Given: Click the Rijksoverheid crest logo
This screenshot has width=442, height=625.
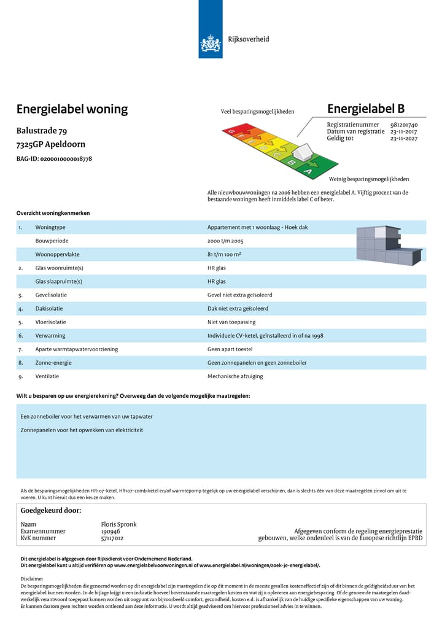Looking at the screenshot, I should [210, 44].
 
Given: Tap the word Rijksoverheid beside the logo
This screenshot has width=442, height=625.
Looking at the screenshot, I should [249, 39].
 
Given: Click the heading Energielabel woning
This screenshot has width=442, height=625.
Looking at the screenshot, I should [72, 109].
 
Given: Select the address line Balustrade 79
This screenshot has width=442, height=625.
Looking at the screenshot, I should [42, 131].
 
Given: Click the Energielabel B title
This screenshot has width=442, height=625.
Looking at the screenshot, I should [366, 109].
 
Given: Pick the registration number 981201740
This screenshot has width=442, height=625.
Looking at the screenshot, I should [403, 125].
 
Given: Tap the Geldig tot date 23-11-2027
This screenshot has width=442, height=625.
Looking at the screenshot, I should [403, 138].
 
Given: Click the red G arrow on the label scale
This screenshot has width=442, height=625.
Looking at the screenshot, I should [231, 131].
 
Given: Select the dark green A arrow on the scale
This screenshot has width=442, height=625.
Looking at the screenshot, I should [309, 172].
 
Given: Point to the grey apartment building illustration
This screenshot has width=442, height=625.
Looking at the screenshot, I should [389, 244].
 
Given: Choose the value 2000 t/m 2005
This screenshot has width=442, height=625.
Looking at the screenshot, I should [225, 241].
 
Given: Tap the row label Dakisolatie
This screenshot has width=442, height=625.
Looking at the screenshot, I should [49, 308].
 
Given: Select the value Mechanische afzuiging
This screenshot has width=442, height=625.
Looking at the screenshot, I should [235, 376].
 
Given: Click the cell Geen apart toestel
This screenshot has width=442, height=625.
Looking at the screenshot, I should [230, 349].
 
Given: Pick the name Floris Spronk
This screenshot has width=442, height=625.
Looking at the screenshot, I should [118, 524].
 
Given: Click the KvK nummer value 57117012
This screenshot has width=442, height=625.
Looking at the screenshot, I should [112, 538].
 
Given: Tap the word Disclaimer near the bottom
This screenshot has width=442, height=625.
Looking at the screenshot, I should [32, 578].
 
